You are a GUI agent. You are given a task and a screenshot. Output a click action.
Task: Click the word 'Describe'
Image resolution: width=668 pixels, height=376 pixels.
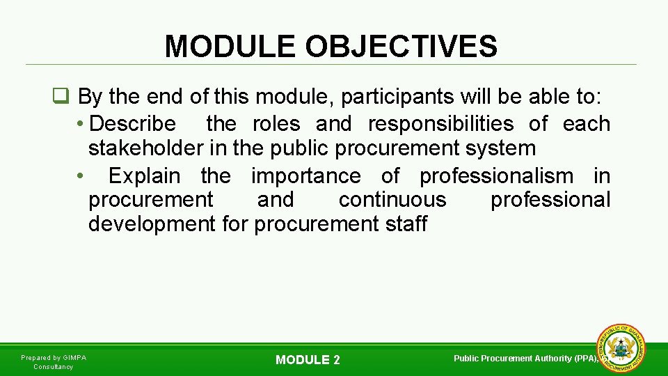coord(133,124)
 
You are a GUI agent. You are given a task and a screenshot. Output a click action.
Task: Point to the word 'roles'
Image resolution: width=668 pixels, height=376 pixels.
coord(276,124)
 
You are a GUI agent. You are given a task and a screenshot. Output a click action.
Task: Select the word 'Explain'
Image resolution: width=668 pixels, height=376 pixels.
coord(144,175)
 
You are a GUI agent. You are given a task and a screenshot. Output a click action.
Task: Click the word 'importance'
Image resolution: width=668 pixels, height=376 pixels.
coord(305,175)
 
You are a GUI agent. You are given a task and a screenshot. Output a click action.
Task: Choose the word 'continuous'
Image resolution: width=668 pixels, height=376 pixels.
coord(392,200)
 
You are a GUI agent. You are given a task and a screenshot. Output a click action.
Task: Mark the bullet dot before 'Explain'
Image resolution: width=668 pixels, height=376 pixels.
coord(81,176)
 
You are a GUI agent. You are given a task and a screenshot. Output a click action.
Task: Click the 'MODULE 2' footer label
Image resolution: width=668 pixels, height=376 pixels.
coord(308,360)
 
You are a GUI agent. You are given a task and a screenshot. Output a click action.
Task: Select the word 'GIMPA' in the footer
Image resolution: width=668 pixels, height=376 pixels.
coord(75,358)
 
